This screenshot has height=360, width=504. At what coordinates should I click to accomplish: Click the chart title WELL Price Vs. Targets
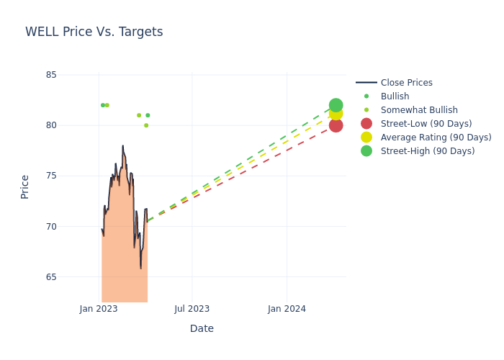(x=94, y=32)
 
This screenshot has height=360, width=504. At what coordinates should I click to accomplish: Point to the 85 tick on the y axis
(x=50, y=75)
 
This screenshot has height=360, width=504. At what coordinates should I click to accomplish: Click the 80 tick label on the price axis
(x=50, y=125)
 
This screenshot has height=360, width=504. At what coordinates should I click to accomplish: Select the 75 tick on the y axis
(x=50, y=176)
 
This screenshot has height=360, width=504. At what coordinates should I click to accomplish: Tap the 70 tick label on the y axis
(x=50, y=226)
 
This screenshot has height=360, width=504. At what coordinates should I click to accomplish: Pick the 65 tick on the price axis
(x=50, y=277)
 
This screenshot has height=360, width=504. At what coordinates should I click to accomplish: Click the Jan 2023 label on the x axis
(x=99, y=309)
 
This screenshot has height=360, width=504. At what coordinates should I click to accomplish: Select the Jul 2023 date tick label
(x=192, y=309)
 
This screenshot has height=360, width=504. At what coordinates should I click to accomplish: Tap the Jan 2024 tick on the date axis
(x=287, y=309)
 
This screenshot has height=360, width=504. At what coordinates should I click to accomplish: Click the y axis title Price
(x=25, y=186)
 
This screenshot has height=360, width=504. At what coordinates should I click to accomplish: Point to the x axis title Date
(x=202, y=329)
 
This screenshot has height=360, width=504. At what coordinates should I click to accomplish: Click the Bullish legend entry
(x=395, y=96)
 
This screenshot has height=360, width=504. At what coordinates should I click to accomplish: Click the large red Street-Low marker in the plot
(x=336, y=125)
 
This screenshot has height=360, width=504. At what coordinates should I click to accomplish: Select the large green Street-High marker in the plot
(x=336, y=105)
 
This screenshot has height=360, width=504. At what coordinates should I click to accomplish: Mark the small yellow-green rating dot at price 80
(x=146, y=125)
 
